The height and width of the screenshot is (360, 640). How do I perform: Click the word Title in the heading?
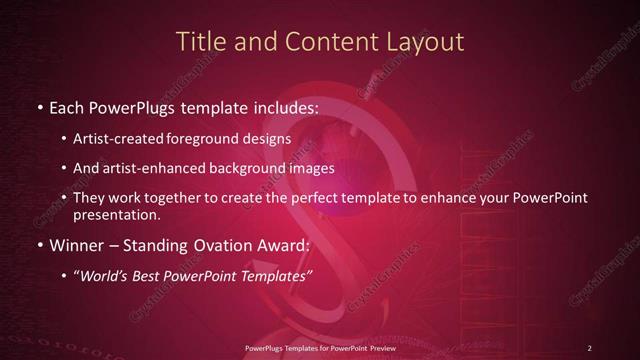tap(197, 41)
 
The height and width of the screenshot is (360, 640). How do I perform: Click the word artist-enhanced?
tap(154, 168)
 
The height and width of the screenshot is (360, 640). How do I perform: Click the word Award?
tap(283, 245)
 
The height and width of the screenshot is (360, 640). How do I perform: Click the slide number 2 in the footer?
tap(589, 347)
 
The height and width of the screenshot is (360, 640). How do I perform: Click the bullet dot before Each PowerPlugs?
tap(38, 107)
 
